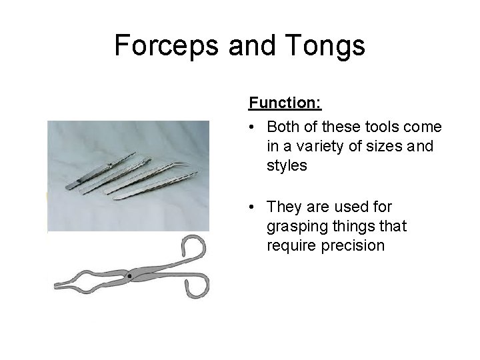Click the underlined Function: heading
coord(285,103)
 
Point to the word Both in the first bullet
coord(283,127)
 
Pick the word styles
coord(287,165)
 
